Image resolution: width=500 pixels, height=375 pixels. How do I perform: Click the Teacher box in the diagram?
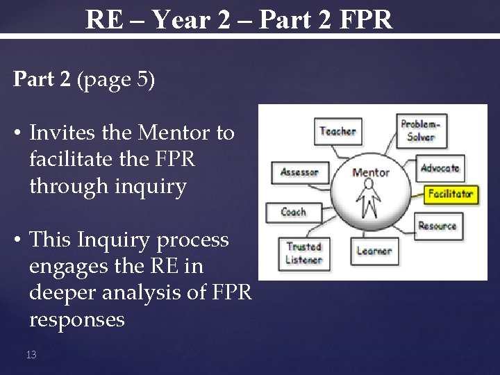(x=337, y=131)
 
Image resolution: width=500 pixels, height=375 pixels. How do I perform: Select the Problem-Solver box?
(x=421, y=130)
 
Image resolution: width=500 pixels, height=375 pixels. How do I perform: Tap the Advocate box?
(x=440, y=167)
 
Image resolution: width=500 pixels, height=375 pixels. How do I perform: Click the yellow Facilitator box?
(x=450, y=194)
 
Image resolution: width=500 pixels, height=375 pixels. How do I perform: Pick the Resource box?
(x=437, y=226)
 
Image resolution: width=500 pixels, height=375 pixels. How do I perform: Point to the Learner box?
(x=374, y=251)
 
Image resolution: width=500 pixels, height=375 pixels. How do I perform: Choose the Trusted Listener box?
(x=304, y=253)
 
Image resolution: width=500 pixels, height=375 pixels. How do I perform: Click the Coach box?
(x=293, y=212)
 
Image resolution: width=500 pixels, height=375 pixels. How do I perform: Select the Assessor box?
(x=299, y=172)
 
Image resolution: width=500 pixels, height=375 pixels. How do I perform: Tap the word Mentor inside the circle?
(x=370, y=172)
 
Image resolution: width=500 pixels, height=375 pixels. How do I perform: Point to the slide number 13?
(x=31, y=354)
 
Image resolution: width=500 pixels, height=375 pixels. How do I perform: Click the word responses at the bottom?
(x=76, y=320)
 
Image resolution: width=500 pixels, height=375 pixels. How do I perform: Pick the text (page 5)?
(x=116, y=79)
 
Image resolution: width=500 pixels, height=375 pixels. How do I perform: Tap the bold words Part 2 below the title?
(x=42, y=79)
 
